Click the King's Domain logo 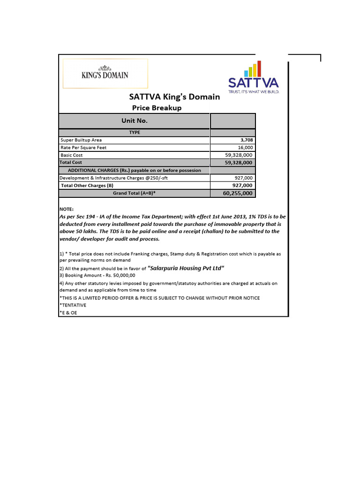[x=105, y=74]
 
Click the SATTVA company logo [x=253, y=78]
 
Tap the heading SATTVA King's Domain [x=174, y=97]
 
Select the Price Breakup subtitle [x=157, y=108]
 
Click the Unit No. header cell [x=135, y=120]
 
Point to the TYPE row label [x=135, y=133]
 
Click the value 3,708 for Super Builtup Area [x=246, y=140]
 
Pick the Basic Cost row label [x=72, y=155]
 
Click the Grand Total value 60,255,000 [x=238, y=193]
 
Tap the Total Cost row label [x=71, y=162]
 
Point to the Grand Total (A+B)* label [x=134, y=193]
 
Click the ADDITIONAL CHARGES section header [x=135, y=170]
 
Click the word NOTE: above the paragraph [x=67, y=209]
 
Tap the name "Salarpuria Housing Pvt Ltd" [x=186, y=268]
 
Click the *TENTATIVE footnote [x=73, y=305]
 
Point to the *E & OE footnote [x=68, y=313]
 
